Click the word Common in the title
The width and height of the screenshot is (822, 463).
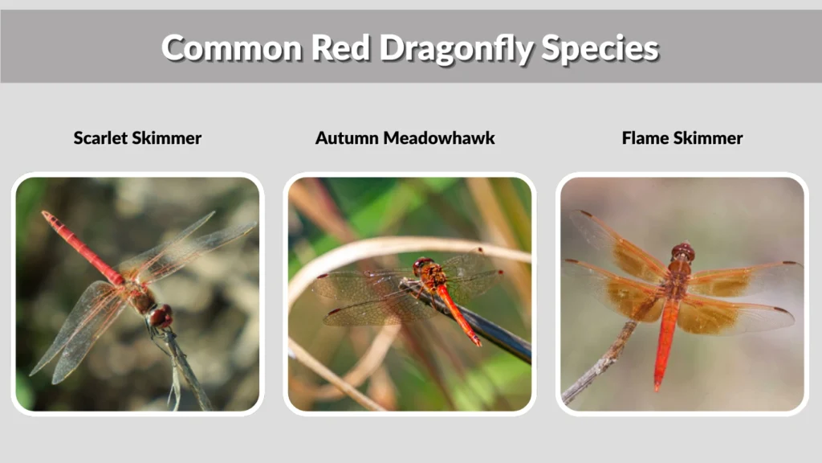[x=231, y=48]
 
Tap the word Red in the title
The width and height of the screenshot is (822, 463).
[x=343, y=48]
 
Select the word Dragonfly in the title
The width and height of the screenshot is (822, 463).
[x=456, y=48]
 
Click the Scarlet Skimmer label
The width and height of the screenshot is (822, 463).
[x=137, y=138]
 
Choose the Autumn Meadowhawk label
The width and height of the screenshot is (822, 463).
[x=405, y=138]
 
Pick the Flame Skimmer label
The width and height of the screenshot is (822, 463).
[x=682, y=138]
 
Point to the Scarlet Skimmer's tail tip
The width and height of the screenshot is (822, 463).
[x=47, y=215]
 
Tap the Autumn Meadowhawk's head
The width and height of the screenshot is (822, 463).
[x=422, y=264]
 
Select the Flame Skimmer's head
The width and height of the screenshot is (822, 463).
[x=683, y=252]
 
